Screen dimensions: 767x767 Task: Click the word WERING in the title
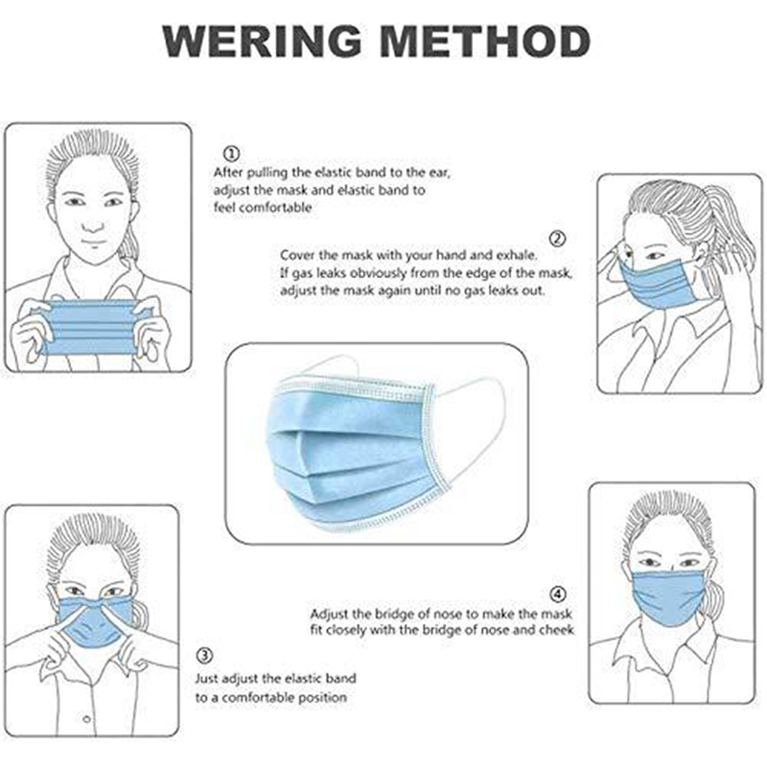click(x=262, y=41)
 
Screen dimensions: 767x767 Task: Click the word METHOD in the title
click(x=485, y=41)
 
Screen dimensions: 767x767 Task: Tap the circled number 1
click(x=231, y=153)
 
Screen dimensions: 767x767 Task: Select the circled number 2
click(x=558, y=239)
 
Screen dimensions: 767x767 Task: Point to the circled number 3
click(x=204, y=656)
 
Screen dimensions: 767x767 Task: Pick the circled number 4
click(x=558, y=594)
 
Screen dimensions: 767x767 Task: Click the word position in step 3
click(x=322, y=698)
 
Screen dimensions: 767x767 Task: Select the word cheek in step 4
click(x=556, y=630)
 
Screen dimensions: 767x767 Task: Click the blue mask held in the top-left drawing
click(x=91, y=327)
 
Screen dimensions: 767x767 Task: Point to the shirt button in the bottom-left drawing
click(x=87, y=719)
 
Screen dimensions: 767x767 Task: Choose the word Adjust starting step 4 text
click(x=328, y=614)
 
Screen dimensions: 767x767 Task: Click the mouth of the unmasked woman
click(x=93, y=244)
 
